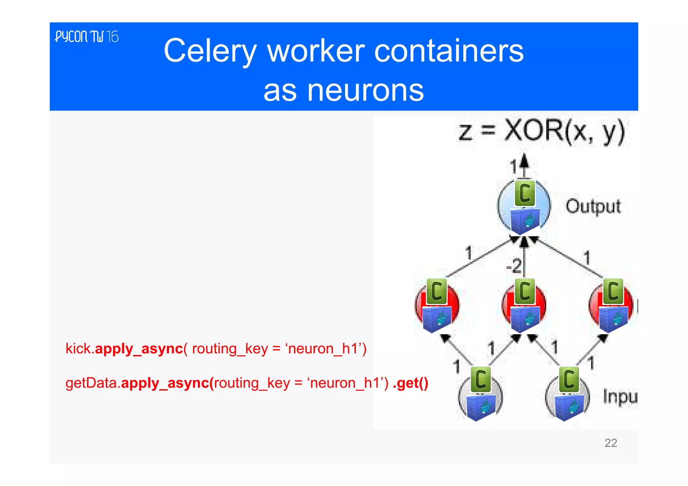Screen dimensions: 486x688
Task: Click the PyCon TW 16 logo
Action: (x=87, y=37)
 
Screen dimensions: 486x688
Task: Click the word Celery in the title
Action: (x=210, y=51)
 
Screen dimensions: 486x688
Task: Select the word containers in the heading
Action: (x=448, y=51)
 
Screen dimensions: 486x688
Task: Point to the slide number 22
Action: (x=610, y=443)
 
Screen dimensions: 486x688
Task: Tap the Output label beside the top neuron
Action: (x=593, y=206)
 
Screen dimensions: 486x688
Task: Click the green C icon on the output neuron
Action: (x=525, y=193)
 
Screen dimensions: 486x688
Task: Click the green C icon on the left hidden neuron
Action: (x=436, y=291)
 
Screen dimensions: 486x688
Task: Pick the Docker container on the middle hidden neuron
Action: (x=525, y=319)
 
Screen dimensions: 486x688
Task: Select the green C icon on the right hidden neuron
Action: (x=613, y=291)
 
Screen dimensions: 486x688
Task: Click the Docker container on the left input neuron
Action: (x=481, y=407)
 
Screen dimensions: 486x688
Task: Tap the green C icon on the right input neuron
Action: (x=569, y=379)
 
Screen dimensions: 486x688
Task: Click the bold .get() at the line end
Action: (x=410, y=383)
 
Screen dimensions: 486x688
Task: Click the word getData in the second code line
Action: (x=91, y=383)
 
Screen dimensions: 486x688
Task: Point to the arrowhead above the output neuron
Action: (x=524, y=160)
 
